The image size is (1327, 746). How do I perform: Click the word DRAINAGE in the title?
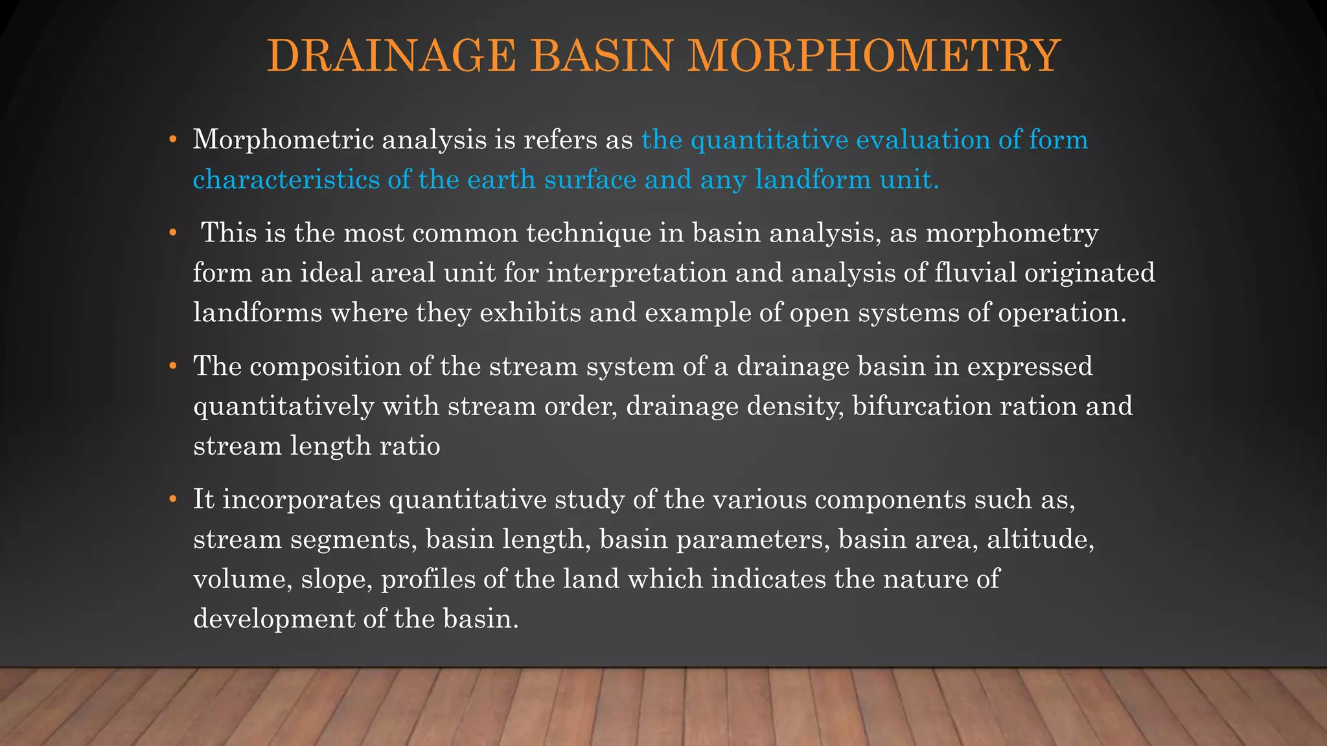(x=391, y=56)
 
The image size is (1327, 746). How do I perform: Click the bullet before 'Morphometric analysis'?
(x=172, y=140)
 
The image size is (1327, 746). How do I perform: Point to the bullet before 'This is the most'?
(x=172, y=232)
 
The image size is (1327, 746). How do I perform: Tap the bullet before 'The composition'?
(x=172, y=367)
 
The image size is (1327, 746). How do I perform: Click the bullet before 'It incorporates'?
(x=172, y=499)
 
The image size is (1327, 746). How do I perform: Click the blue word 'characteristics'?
(x=286, y=179)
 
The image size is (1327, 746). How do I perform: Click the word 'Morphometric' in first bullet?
(x=283, y=140)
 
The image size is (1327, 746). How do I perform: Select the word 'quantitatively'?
(x=283, y=406)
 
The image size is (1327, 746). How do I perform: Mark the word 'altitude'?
(x=1040, y=539)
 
